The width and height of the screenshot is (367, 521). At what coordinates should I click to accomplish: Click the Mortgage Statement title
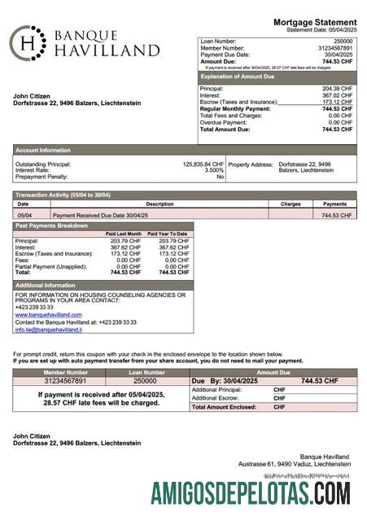(x=315, y=22)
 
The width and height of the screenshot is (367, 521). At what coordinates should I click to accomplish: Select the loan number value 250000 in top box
(x=343, y=40)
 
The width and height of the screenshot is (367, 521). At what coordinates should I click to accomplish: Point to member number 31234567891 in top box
(x=334, y=47)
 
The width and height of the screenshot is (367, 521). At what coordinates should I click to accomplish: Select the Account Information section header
(x=43, y=150)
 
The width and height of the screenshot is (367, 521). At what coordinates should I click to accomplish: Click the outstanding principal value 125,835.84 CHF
(x=203, y=164)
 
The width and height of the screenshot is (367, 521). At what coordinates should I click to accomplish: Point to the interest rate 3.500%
(x=214, y=170)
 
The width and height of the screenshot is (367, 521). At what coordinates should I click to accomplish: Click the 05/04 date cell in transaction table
(x=24, y=216)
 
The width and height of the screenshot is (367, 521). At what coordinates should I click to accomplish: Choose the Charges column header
(x=291, y=204)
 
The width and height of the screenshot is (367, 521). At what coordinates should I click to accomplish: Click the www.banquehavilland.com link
(x=48, y=314)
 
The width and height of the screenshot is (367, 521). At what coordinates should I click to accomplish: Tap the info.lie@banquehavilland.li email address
(x=48, y=330)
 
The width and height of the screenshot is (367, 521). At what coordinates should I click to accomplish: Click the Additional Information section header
(x=46, y=286)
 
